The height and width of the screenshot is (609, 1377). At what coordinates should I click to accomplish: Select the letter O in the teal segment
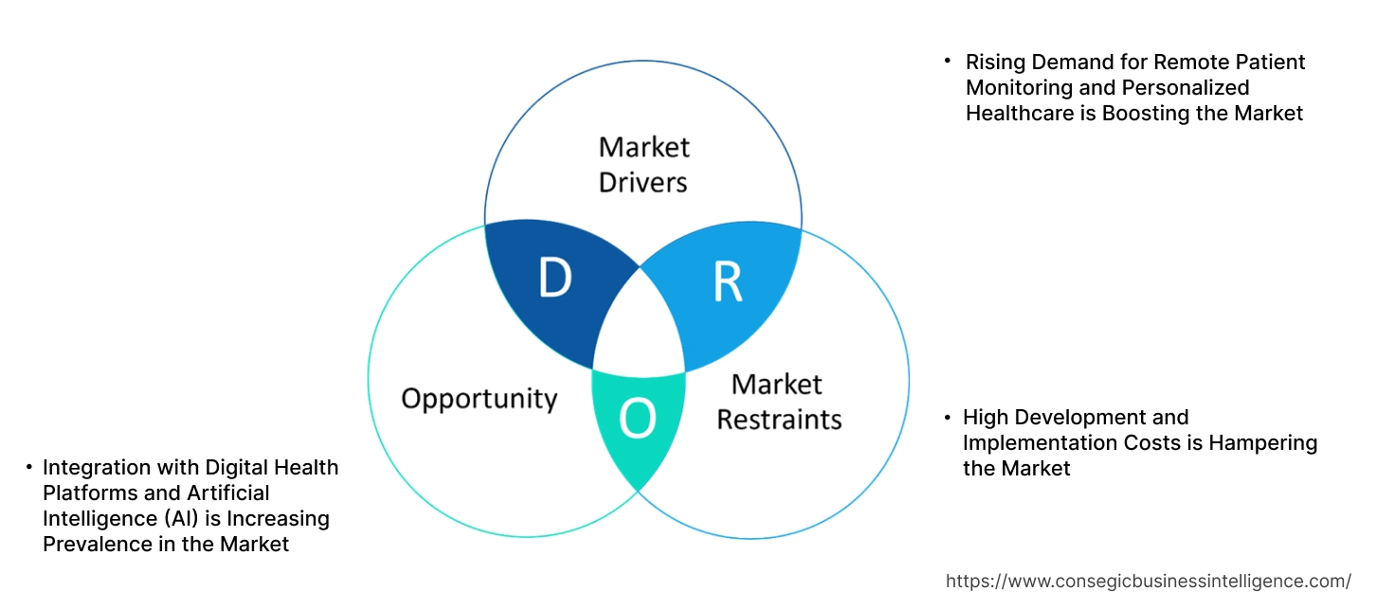pos(638,419)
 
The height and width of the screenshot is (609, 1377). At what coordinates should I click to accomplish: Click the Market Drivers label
pos(644,164)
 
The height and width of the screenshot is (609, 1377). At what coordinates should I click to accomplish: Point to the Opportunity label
pos(479,398)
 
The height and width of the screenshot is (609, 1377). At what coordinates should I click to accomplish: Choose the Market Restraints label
pos(779,402)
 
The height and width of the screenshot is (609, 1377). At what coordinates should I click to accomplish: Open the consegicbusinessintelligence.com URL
pos(1149,581)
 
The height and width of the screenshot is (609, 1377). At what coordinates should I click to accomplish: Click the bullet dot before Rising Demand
pos(947,61)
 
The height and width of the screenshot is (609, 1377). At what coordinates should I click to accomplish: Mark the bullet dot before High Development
pos(947,418)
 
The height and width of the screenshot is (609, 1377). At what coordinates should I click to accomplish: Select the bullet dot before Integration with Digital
pos(29,467)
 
